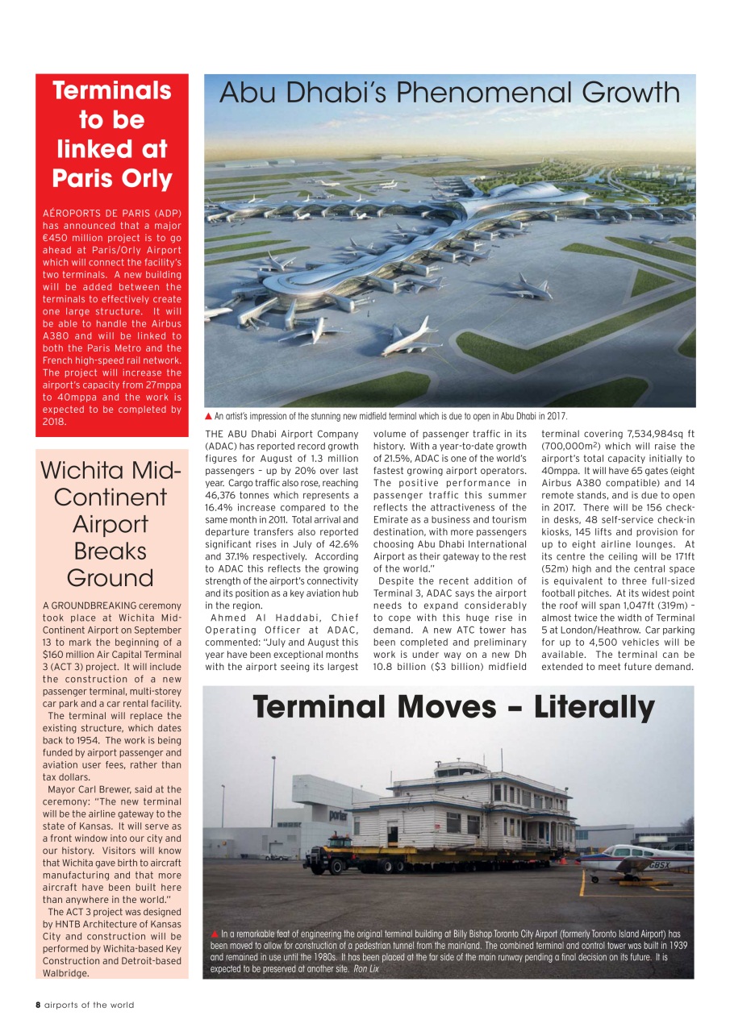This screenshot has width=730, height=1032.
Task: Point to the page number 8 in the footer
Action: (38, 1005)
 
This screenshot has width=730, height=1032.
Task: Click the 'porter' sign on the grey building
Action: (339, 816)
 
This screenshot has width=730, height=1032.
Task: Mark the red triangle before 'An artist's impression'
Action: (210, 416)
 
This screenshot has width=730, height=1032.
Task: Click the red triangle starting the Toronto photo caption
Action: (215, 934)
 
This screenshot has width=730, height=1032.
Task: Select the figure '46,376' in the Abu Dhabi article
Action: (223, 495)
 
